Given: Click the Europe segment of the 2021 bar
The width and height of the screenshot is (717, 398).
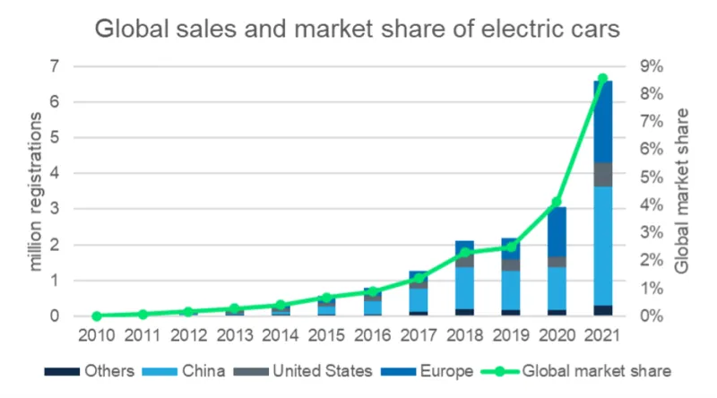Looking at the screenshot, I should click(x=602, y=122).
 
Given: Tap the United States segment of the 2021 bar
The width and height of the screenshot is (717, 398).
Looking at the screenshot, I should click(x=602, y=175).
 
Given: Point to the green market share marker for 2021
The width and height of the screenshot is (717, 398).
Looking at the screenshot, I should click(x=602, y=79).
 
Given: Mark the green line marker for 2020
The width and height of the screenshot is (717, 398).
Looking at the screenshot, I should click(x=557, y=202).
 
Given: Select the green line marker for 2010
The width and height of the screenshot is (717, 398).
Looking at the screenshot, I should click(x=97, y=316).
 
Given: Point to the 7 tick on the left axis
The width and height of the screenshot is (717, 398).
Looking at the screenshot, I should click(x=55, y=66).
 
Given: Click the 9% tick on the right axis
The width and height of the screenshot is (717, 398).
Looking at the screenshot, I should click(x=649, y=66).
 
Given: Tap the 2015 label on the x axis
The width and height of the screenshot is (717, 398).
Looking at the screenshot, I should click(x=326, y=339).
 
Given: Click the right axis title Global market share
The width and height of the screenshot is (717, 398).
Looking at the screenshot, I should click(x=683, y=191).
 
